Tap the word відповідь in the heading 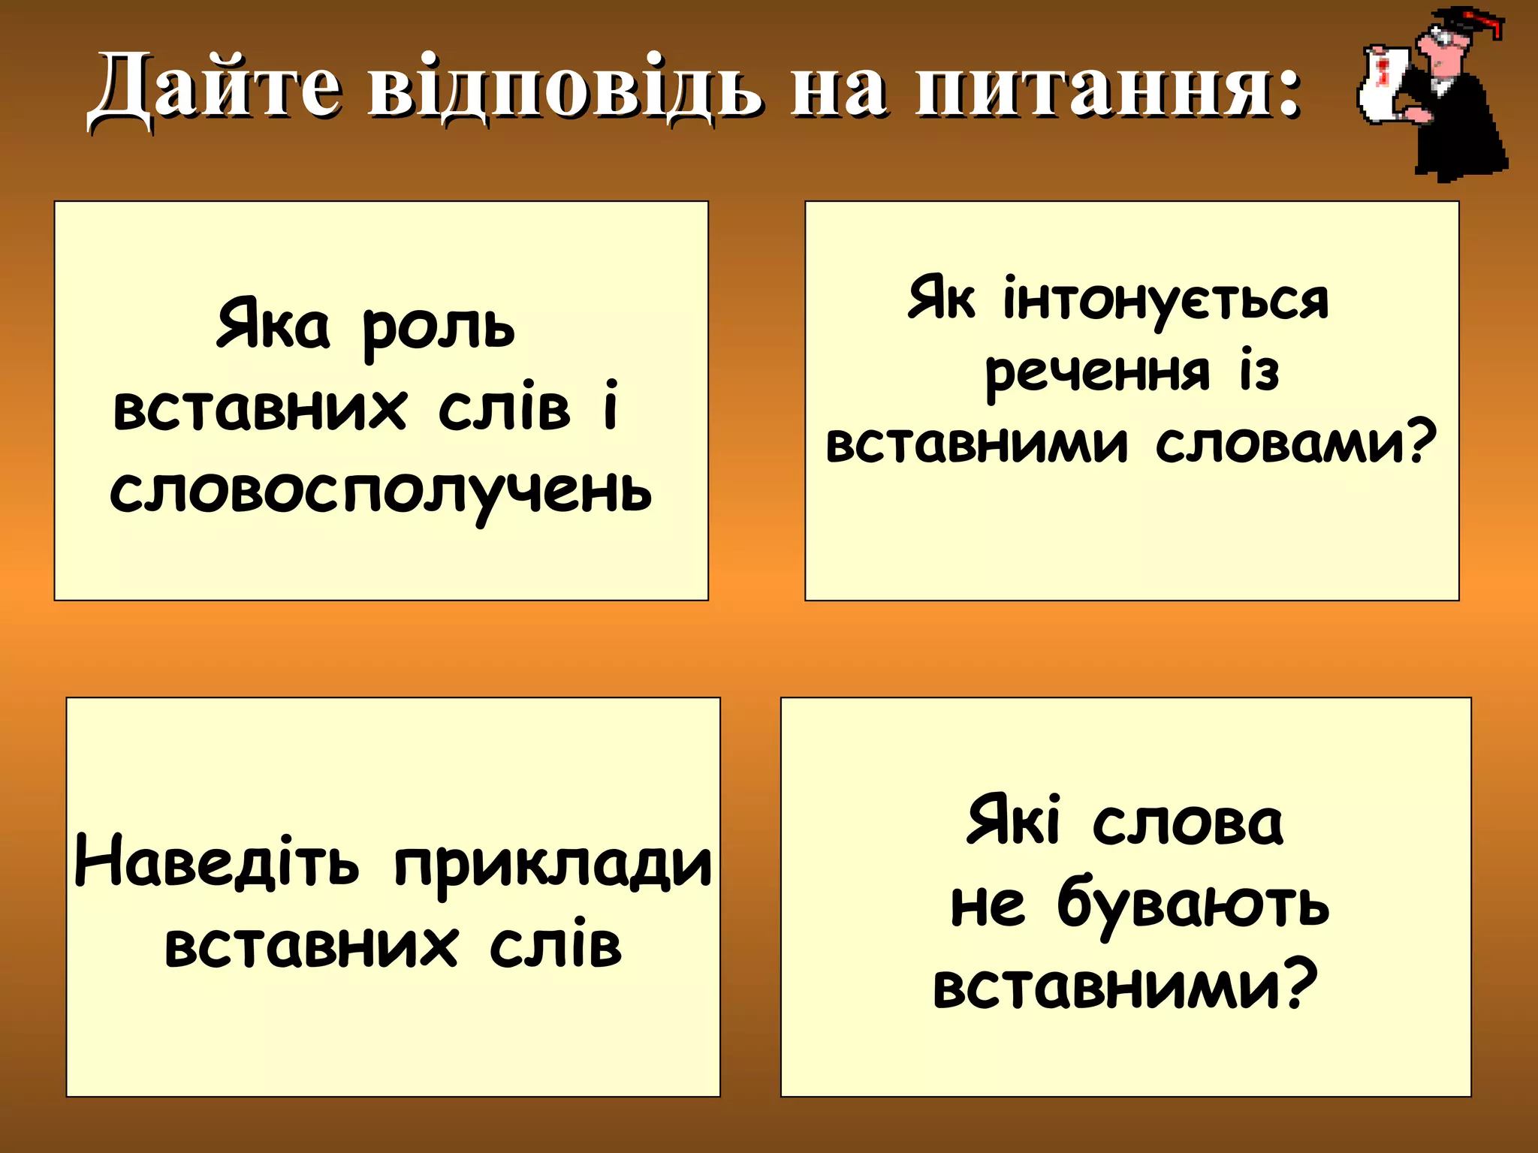(x=563, y=89)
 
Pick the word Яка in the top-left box (x=273, y=324)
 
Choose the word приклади (x=553, y=865)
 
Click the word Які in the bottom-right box (x=1013, y=821)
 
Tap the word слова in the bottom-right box (x=1187, y=824)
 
